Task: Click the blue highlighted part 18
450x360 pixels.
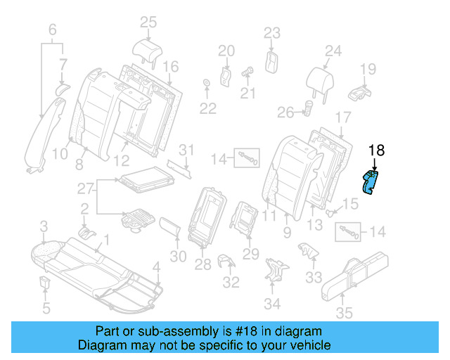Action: click(x=369, y=181)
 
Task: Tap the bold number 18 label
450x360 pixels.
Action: click(x=377, y=150)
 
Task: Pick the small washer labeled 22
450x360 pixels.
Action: click(x=207, y=86)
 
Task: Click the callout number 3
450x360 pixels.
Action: click(x=43, y=226)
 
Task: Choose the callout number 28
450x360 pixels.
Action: click(x=203, y=264)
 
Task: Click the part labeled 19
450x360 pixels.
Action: click(x=361, y=91)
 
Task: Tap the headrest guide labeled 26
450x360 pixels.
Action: click(x=308, y=108)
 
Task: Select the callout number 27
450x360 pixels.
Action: click(x=85, y=188)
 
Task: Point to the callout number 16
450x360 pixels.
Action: click(x=171, y=67)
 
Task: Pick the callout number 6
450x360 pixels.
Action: click(x=51, y=30)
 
